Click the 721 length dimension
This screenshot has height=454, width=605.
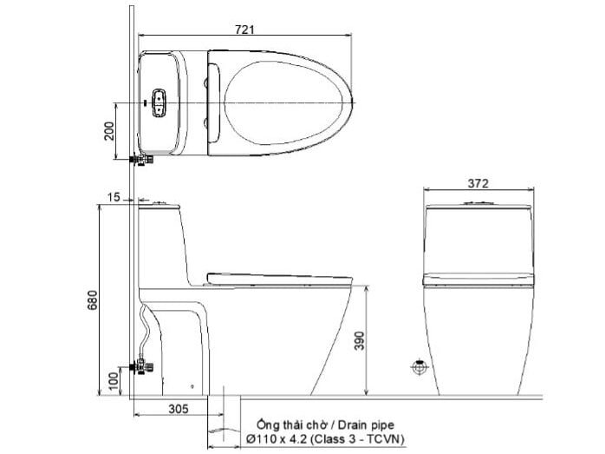(x=245, y=29)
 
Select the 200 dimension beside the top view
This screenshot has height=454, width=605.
(x=107, y=130)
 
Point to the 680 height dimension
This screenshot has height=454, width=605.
(x=91, y=299)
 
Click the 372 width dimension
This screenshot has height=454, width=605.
(x=478, y=183)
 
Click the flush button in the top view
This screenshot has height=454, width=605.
(x=159, y=102)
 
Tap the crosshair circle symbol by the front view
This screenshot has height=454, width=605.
(x=419, y=367)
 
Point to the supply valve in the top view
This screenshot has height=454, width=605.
(x=140, y=160)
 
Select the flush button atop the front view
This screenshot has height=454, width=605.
(x=477, y=201)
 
